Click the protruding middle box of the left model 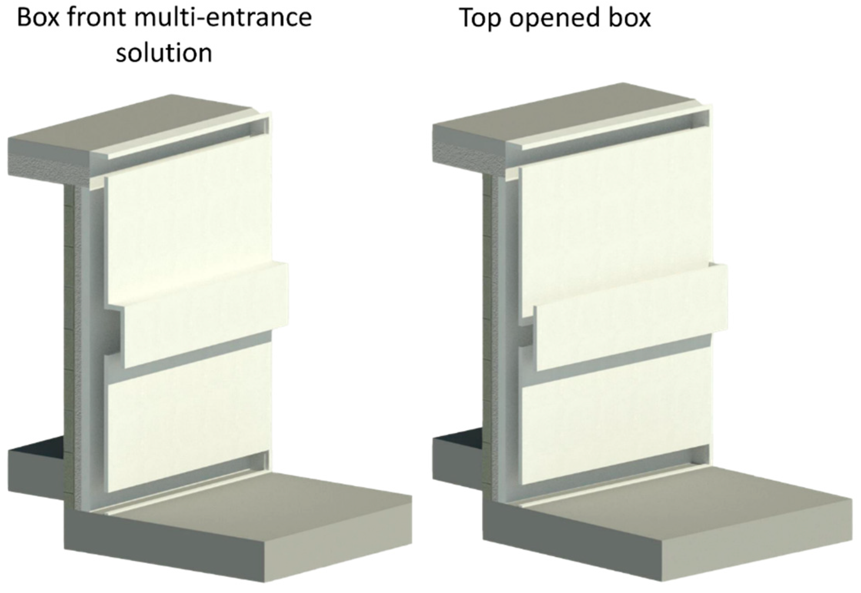[x=204, y=315]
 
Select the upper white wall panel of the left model [x=188, y=219]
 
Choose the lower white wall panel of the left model [x=188, y=415]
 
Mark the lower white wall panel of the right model [x=615, y=419]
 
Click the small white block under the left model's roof [x=97, y=182]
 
